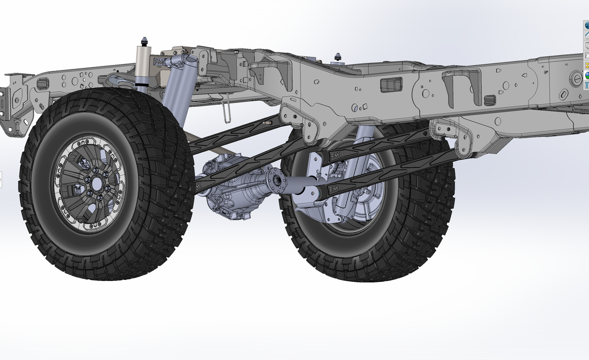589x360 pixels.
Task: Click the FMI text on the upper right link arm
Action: (x=334, y=155)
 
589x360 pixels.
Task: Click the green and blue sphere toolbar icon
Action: (x=587, y=75)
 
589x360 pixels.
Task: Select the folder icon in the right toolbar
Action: (x=587, y=55)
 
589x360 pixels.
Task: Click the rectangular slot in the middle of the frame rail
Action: (x=391, y=84)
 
